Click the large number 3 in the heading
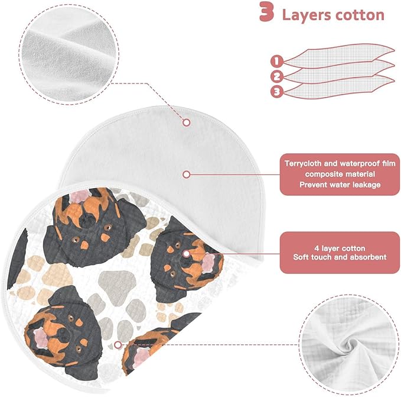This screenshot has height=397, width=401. coord(266,12)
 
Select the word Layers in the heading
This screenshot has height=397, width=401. coord(307,15)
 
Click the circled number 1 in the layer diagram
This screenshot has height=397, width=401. coord(277,62)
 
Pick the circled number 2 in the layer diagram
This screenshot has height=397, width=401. coord(277,76)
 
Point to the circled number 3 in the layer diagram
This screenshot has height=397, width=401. coord(277,91)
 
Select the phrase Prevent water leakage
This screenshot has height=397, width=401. coord(340,185)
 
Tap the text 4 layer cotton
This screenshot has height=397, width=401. coord(340,248)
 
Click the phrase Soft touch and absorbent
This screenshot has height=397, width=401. coord(340,257)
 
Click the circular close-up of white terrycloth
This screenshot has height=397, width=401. coord(69,54)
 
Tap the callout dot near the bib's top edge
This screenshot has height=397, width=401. coord(187,122)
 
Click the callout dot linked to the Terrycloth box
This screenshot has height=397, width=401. coord(187,175)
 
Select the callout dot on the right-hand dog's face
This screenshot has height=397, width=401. coord(187,254)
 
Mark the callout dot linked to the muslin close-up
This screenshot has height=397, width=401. coord(118,345)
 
